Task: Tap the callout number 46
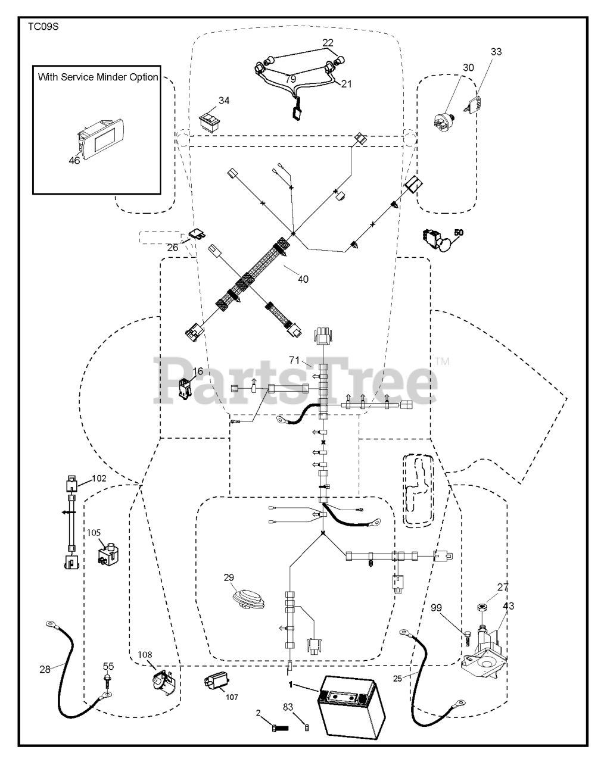pos(74,160)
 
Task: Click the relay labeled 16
pos(187,389)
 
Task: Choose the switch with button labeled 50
pos(437,239)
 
